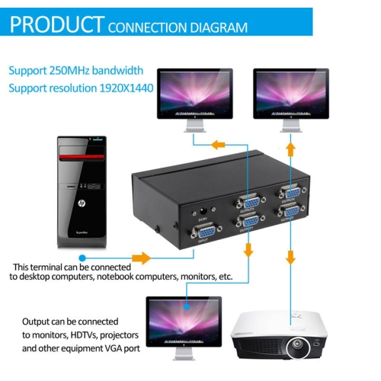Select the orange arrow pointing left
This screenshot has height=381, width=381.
[x=218, y=145]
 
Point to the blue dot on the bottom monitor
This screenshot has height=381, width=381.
[x=186, y=306]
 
